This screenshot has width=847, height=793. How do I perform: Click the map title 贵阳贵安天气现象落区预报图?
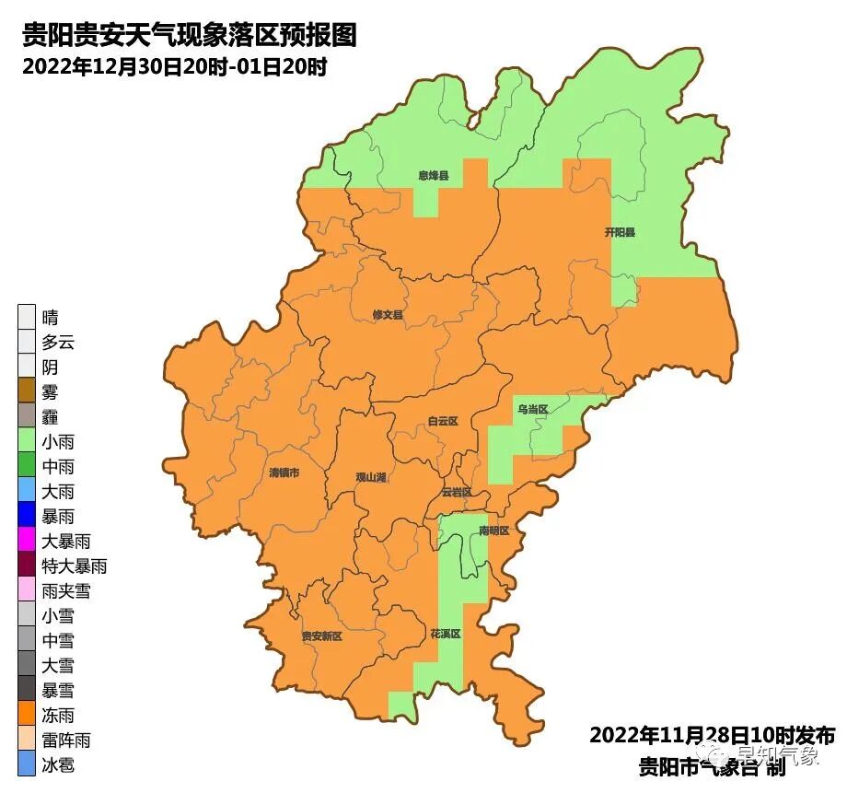188,36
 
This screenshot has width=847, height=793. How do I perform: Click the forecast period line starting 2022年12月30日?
175,66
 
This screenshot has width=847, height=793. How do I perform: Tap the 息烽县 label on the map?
433,175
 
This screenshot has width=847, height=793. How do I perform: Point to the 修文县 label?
388,315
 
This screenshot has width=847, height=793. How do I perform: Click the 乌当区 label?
532,408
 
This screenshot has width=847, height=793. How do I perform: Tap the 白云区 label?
443,421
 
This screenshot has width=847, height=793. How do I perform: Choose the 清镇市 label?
284,472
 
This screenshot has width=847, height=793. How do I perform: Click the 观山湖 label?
370,477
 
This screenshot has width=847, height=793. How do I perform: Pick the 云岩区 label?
457,493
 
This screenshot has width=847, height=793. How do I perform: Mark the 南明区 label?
494,531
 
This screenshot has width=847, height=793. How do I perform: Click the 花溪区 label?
445,635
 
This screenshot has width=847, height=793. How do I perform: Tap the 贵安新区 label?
321,636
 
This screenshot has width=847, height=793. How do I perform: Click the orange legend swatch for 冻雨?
27,715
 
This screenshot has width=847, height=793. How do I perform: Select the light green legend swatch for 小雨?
27,442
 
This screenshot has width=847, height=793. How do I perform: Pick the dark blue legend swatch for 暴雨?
27,517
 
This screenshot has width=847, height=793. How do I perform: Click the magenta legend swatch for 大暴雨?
27,542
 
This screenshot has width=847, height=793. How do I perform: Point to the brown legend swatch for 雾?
27,392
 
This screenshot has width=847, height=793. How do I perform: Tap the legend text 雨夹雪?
66,591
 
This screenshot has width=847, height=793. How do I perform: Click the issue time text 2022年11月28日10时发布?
712,736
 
